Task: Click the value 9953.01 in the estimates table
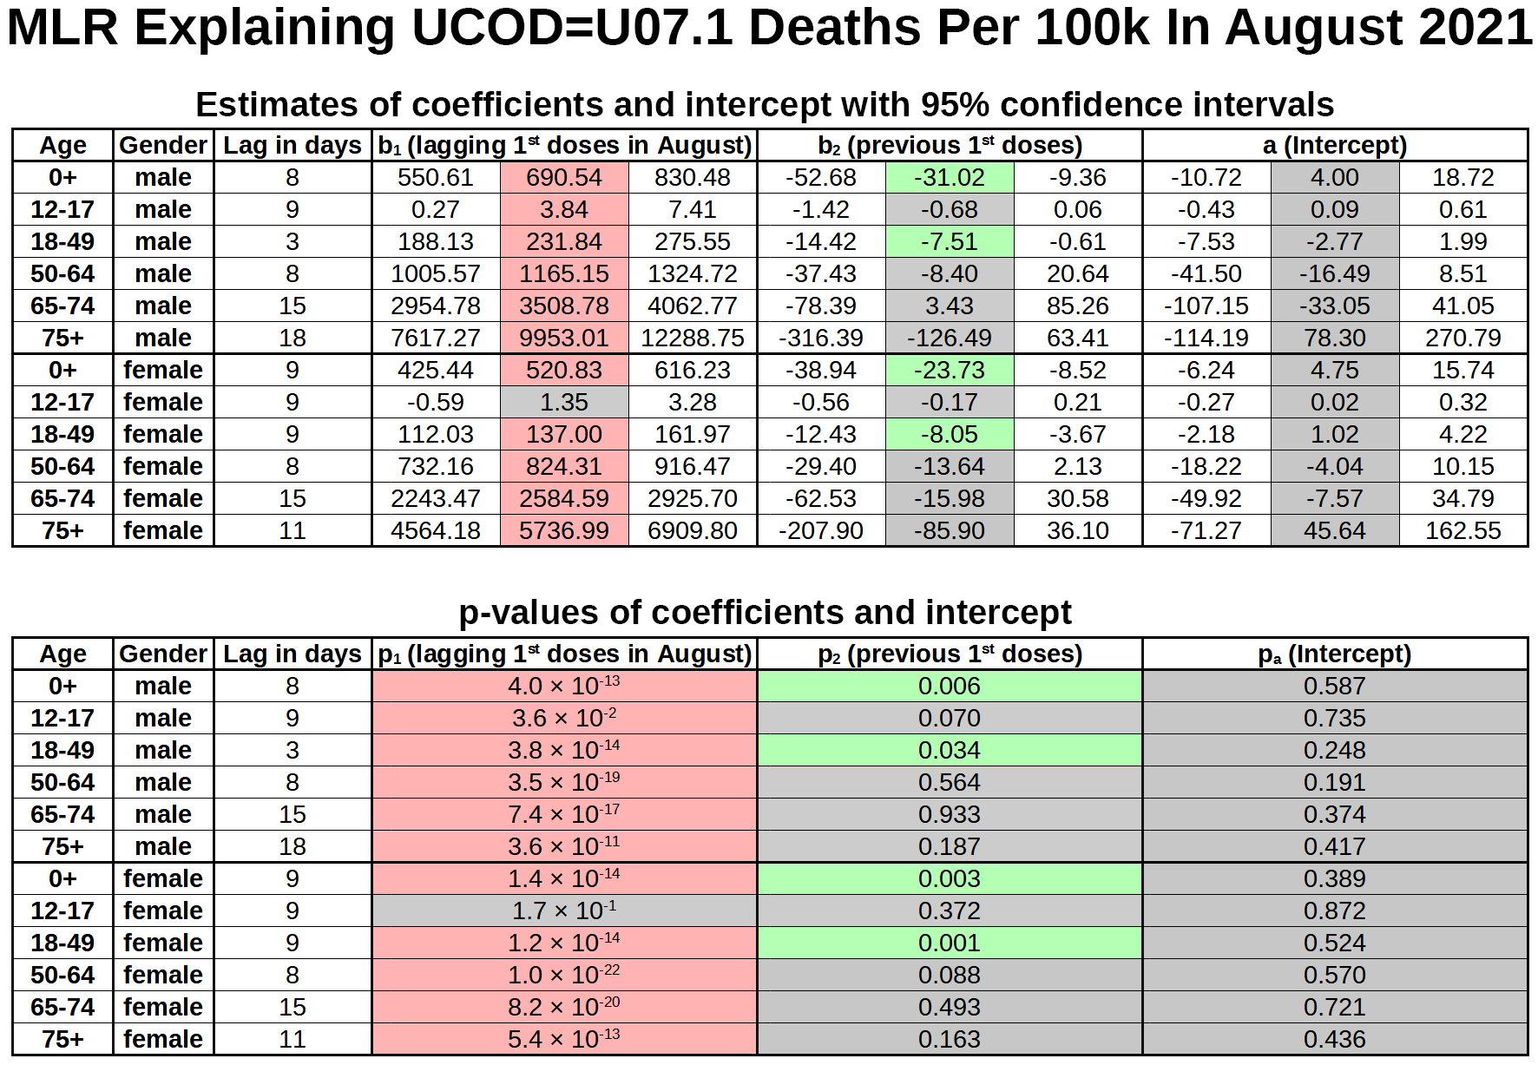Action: (x=564, y=338)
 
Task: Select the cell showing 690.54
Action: (x=564, y=177)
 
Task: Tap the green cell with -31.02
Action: (x=950, y=177)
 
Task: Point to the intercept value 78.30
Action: (x=1335, y=338)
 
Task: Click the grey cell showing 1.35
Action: (x=564, y=402)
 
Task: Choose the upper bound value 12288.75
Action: (x=693, y=338)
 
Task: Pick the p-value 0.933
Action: (x=950, y=814)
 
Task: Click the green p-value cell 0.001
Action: (x=950, y=943)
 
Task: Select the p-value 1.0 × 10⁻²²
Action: (x=564, y=975)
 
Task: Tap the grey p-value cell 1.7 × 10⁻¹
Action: (x=564, y=911)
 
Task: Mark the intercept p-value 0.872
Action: (x=1335, y=911)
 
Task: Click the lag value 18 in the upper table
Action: (x=292, y=338)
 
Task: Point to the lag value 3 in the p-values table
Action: (x=292, y=750)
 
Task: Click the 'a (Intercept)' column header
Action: (x=1335, y=145)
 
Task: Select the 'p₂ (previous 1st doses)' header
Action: (x=950, y=654)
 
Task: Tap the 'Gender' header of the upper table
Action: (x=163, y=145)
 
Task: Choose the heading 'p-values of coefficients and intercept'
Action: (x=765, y=612)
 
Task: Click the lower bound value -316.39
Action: (x=821, y=338)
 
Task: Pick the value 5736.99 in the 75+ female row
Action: (x=564, y=530)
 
